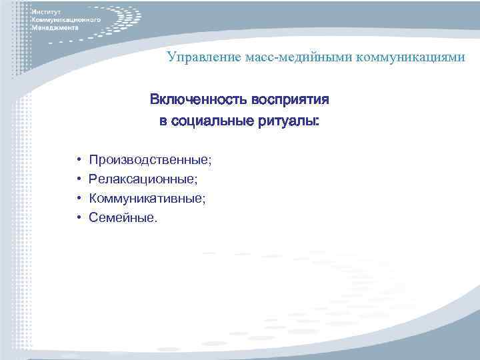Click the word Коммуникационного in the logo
pyautogui.click(x=66, y=21)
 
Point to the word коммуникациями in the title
pyautogui.click(x=410, y=58)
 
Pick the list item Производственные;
pyautogui.click(x=150, y=160)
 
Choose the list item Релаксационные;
pyautogui.click(x=143, y=179)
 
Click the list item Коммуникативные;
pyautogui.click(x=147, y=198)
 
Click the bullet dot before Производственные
pyautogui.click(x=78, y=161)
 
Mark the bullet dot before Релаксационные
pyautogui.click(x=78, y=179)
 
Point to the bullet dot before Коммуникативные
pyautogui.click(x=78, y=199)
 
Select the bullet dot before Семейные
pyautogui.click(x=78, y=217)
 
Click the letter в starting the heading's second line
pyautogui.click(x=163, y=123)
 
